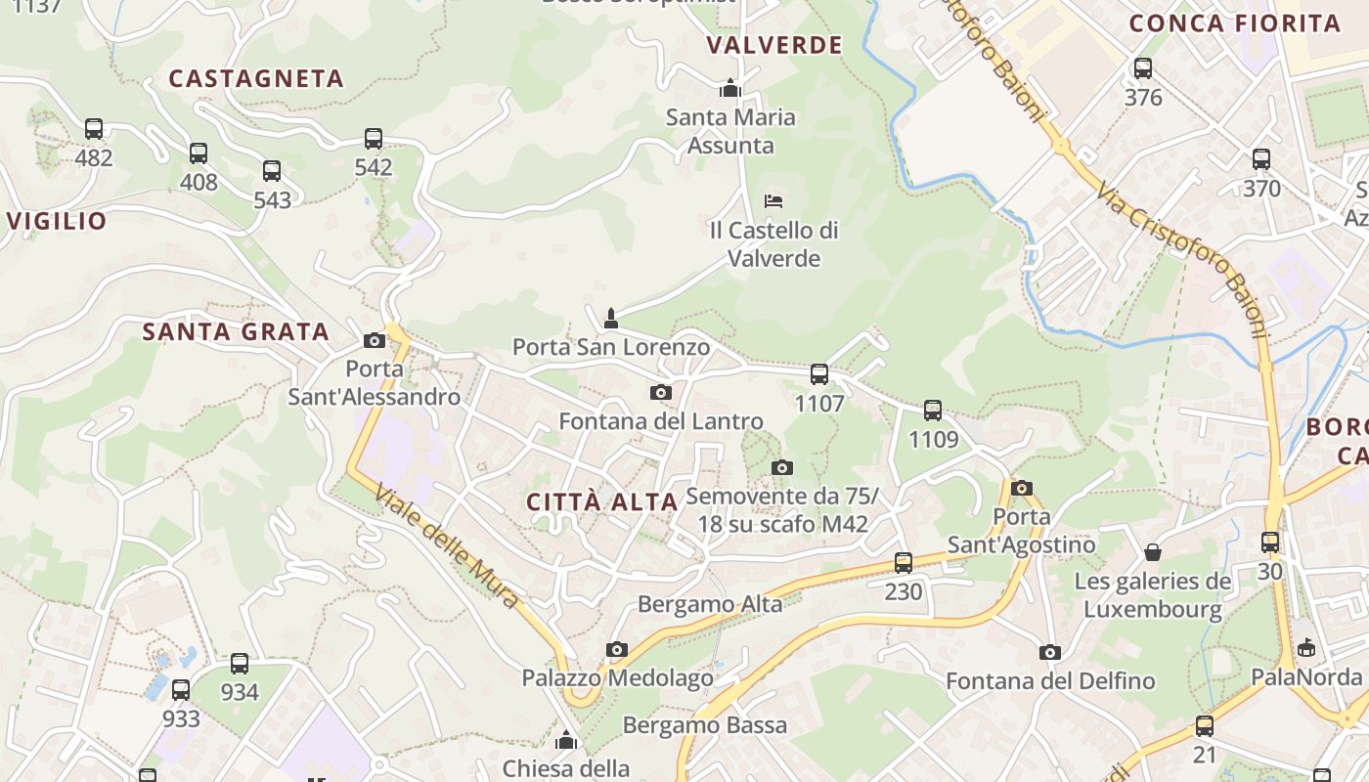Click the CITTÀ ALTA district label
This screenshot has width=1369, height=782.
pyautogui.click(x=602, y=502)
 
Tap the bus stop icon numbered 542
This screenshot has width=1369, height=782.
pyautogui.click(x=374, y=139)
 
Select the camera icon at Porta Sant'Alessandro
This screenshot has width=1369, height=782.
pyautogui.click(x=374, y=340)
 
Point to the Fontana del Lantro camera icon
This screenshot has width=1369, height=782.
pyautogui.click(x=661, y=393)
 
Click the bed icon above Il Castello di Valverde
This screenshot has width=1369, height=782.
pyautogui.click(x=773, y=201)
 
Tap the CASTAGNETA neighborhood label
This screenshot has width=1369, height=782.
pyautogui.click(x=256, y=79)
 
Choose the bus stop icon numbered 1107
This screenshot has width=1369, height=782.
pyautogui.click(x=819, y=373)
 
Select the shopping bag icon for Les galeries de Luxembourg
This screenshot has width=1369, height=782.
pyautogui.click(x=1153, y=552)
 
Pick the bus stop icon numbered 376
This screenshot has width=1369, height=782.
pyautogui.click(x=1143, y=68)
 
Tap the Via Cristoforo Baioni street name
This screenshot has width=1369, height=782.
pyautogui.click(x=1182, y=258)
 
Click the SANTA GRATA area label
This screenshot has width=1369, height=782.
pyautogui.click(x=236, y=332)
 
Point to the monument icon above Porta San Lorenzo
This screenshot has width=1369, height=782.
pyautogui.click(x=611, y=318)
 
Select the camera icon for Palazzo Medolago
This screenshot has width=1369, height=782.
pyautogui.click(x=616, y=649)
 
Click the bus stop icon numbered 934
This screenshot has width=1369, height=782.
pyautogui.click(x=240, y=664)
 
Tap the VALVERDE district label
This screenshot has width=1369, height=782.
pyautogui.click(x=774, y=45)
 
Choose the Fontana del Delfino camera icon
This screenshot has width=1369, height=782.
pyautogui.click(x=1050, y=652)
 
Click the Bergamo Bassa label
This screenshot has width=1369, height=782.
pyautogui.click(x=704, y=725)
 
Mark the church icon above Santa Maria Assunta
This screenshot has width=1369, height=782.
pyautogui.click(x=729, y=89)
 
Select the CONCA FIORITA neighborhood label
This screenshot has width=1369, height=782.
pyautogui.click(x=1235, y=23)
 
